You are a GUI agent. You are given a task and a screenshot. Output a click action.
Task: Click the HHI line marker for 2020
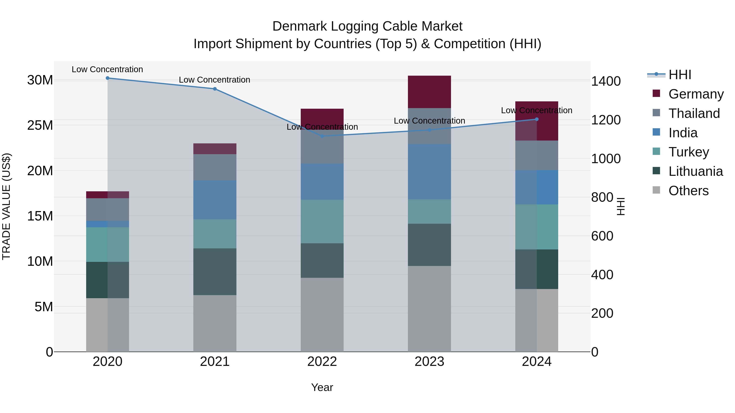[x=108, y=78]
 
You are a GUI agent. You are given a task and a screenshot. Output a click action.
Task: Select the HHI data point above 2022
[x=322, y=136]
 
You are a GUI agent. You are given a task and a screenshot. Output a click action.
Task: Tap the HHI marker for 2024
[x=537, y=119]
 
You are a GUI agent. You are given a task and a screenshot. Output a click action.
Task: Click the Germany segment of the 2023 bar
[x=429, y=92]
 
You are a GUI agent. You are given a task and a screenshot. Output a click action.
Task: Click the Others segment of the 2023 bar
[x=429, y=309]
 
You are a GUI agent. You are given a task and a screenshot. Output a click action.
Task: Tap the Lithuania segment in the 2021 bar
[x=215, y=272]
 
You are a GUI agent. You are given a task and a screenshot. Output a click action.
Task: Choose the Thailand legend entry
[x=694, y=113]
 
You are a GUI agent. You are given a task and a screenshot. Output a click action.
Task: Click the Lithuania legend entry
[x=696, y=171]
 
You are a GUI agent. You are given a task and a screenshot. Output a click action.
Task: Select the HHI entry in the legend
[x=680, y=75]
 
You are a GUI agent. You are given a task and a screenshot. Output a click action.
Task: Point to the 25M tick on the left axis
[x=40, y=125]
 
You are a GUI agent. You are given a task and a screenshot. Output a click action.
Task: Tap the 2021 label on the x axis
[x=215, y=362]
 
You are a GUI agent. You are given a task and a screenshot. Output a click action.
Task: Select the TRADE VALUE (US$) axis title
[x=6, y=206]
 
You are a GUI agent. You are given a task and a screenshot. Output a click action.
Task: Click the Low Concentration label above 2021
[x=215, y=80]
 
